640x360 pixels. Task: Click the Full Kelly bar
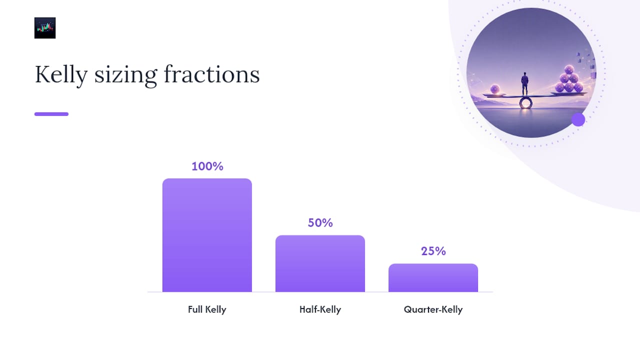207,235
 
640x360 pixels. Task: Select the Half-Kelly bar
320,263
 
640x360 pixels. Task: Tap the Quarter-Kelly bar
433,277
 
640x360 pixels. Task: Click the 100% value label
207,166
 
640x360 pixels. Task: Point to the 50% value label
320,223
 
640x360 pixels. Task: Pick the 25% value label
433,251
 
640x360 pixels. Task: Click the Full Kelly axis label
207,309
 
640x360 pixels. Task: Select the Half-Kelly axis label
320,309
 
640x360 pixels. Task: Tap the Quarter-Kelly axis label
433,309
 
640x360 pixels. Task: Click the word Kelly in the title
61,75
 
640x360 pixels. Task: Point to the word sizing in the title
125,75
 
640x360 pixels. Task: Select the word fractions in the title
211,74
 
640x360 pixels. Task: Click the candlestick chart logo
45,28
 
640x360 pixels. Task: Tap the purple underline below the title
51,114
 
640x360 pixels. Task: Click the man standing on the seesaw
525,83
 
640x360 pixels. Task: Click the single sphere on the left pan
495,89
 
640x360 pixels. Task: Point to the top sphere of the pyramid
569,69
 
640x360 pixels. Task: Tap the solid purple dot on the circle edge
578,119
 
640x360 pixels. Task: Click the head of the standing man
525,74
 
